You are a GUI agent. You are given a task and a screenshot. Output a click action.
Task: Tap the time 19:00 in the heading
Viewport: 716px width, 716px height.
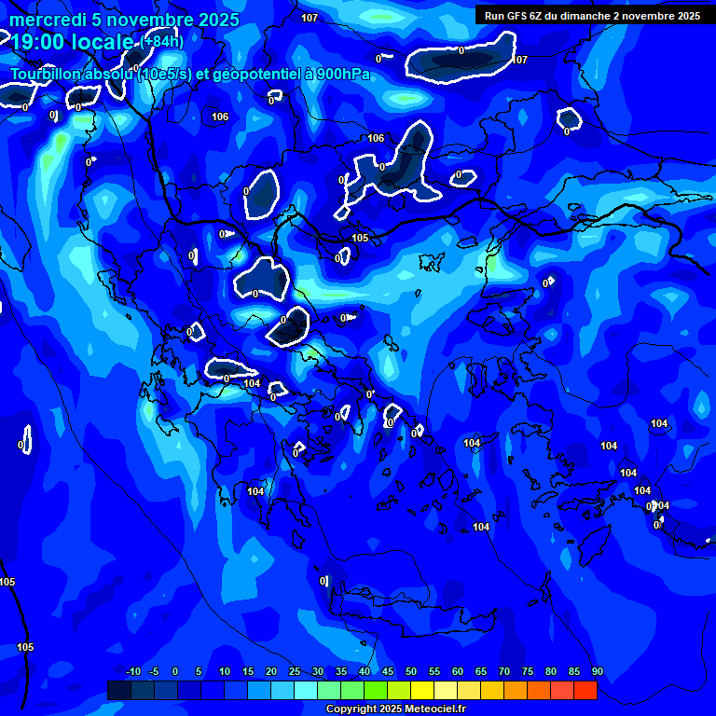click(36, 41)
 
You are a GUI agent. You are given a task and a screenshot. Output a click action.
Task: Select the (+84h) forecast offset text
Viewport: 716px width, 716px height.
click(162, 41)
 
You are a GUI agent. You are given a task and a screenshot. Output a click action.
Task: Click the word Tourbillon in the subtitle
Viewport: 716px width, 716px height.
click(52, 75)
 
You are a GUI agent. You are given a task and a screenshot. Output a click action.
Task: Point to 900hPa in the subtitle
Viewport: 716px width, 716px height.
click(341, 75)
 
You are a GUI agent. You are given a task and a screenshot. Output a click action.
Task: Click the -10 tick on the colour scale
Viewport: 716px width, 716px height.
click(131, 671)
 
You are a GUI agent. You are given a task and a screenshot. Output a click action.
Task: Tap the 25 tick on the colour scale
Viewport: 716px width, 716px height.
click(294, 671)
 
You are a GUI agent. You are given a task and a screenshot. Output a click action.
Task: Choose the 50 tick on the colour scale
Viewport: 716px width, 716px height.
click(410, 671)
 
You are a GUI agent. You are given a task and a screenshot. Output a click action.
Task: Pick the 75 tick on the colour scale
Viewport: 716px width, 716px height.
click(527, 671)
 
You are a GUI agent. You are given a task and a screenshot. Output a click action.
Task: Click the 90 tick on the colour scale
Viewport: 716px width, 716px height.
click(597, 671)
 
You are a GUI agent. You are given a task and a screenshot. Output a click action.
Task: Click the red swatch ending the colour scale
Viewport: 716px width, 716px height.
click(585, 690)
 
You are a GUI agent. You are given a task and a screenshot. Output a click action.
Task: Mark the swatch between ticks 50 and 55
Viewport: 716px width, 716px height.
click(422, 690)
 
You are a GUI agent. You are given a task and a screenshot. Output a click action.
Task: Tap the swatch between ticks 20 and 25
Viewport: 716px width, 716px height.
click(282, 690)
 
